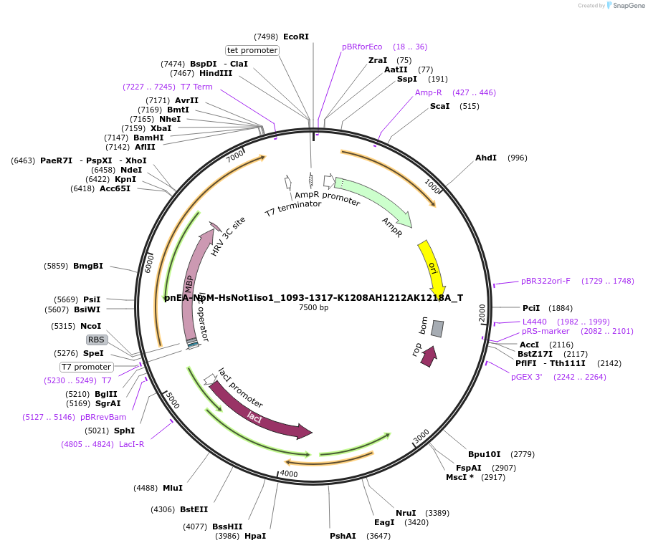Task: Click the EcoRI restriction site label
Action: pos(296,37)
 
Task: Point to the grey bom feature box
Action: pos(437,329)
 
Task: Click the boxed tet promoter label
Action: pos(252,50)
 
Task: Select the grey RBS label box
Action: pos(97,340)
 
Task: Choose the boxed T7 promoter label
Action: pos(86,367)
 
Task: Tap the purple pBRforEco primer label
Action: pos(362,47)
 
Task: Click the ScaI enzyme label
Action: pos(439,106)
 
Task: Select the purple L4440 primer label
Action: pos(534,322)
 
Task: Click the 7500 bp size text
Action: pos(313,308)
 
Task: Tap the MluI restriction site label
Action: pos(173,488)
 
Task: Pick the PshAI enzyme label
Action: pos(343,536)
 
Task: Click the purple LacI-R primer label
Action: pos(131,444)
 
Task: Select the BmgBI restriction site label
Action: pos(88,266)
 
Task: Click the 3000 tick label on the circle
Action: pos(421,435)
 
